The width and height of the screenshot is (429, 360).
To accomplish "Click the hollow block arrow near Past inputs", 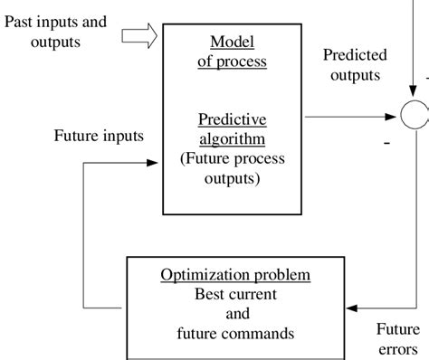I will pos(138,35).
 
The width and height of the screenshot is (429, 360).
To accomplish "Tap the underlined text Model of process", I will pos(232,52).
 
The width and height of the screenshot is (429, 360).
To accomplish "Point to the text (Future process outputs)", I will pos(233,169).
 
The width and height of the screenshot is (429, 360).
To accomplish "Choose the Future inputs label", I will pos(99,137).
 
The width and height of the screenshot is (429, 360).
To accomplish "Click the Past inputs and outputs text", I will pos(54,30).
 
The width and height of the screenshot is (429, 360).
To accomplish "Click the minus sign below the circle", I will pos(388,141).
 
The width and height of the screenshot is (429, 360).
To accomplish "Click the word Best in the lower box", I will pos(209,294).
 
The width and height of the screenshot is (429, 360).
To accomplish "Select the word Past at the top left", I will pos(21,20).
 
